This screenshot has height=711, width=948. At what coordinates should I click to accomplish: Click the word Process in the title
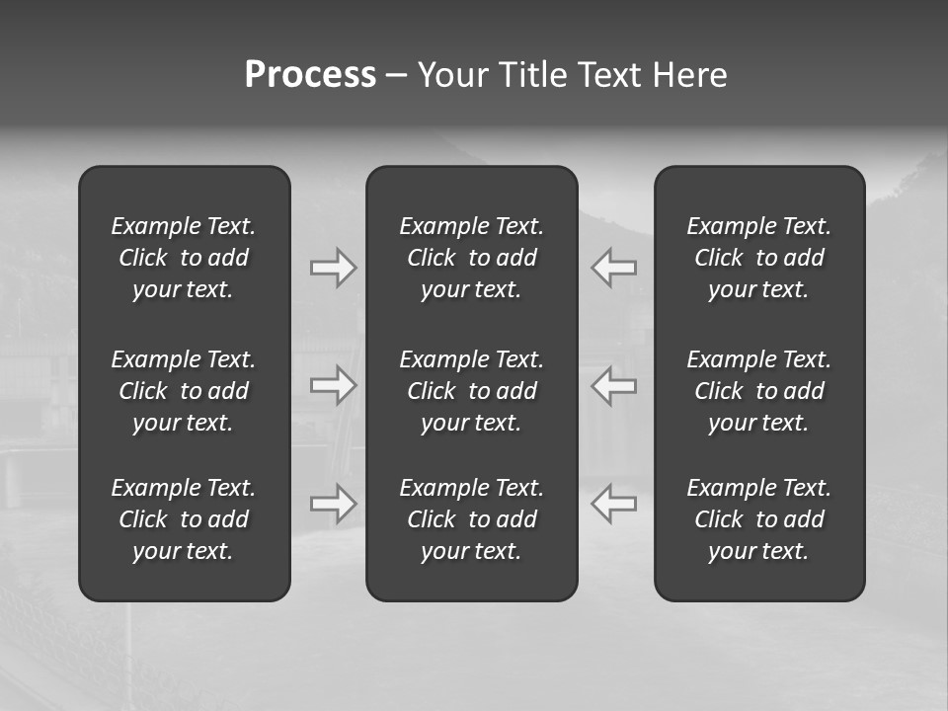[x=310, y=75]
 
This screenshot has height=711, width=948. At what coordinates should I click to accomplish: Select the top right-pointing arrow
[x=333, y=268]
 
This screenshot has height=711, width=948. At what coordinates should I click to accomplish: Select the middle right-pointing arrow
[x=333, y=385]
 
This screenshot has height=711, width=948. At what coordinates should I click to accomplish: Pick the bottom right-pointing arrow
[x=333, y=504]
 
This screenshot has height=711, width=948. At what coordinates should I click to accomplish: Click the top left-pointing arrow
[x=614, y=268]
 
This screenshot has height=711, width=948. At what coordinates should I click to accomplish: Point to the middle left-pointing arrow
[x=614, y=385]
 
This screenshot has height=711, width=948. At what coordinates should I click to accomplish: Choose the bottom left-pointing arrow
[x=614, y=504]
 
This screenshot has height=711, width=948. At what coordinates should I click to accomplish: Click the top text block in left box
[x=184, y=258]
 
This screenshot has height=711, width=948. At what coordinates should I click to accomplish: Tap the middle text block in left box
[x=184, y=391]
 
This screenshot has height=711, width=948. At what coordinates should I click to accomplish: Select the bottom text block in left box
[x=184, y=519]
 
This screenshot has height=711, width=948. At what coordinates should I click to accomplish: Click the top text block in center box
[x=471, y=258]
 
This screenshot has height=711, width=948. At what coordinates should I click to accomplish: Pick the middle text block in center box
[x=471, y=391]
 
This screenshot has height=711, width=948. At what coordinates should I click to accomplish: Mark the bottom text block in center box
[x=471, y=519]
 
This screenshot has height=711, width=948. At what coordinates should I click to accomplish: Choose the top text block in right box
[x=758, y=258]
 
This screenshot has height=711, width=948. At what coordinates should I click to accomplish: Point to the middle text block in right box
[x=758, y=391]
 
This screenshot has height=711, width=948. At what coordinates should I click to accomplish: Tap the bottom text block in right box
[x=758, y=519]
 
